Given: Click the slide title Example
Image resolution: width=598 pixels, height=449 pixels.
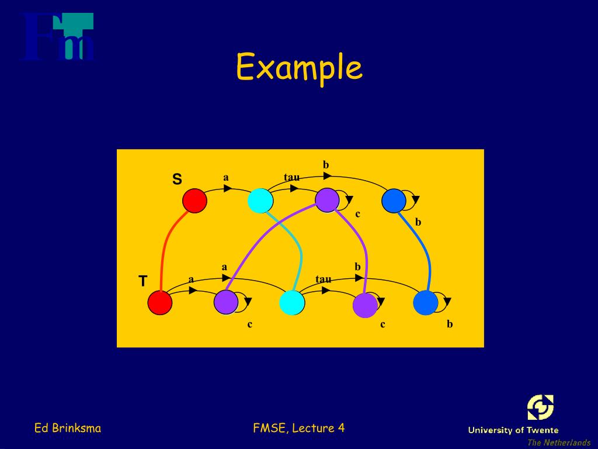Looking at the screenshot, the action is [x=299, y=68].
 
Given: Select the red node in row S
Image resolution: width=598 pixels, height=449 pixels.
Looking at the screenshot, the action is [x=194, y=201].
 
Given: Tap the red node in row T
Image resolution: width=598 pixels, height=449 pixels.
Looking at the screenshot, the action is [x=160, y=303].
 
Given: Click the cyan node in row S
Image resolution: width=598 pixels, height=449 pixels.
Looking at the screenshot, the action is [x=260, y=201].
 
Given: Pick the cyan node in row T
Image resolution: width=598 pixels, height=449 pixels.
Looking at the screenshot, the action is [x=292, y=303].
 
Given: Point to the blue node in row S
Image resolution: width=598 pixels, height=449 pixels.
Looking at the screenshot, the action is [x=394, y=201].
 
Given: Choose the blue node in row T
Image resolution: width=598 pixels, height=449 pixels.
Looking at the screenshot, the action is [x=425, y=303].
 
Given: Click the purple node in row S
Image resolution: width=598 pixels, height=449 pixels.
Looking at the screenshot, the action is [x=327, y=201].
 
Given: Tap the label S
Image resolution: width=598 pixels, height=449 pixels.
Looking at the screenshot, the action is [x=176, y=179].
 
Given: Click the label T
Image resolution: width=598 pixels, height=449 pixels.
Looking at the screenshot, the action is [x=142, y=282].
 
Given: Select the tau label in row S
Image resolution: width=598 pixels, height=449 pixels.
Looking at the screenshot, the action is [x=292, y=177].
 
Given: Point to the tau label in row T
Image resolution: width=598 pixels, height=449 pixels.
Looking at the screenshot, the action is [x=324, y=279].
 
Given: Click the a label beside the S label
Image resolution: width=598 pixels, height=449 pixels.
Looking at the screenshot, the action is [x=226, y=177].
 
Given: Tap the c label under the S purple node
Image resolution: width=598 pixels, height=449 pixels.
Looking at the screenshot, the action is [x=358, y=214].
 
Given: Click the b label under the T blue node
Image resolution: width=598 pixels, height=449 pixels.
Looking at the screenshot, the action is [x=450, y=324].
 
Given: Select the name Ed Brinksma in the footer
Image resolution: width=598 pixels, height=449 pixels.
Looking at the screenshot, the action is [x=68, y=428].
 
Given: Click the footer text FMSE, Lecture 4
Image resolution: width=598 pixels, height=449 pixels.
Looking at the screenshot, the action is [x=299, y=428].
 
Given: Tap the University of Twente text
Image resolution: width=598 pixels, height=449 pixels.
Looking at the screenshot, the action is [x=513, y=430].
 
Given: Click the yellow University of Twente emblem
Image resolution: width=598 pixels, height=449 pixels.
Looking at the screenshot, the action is [x=540, y=407].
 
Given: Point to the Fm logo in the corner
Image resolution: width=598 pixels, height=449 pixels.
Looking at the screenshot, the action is [x=58, y=37].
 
